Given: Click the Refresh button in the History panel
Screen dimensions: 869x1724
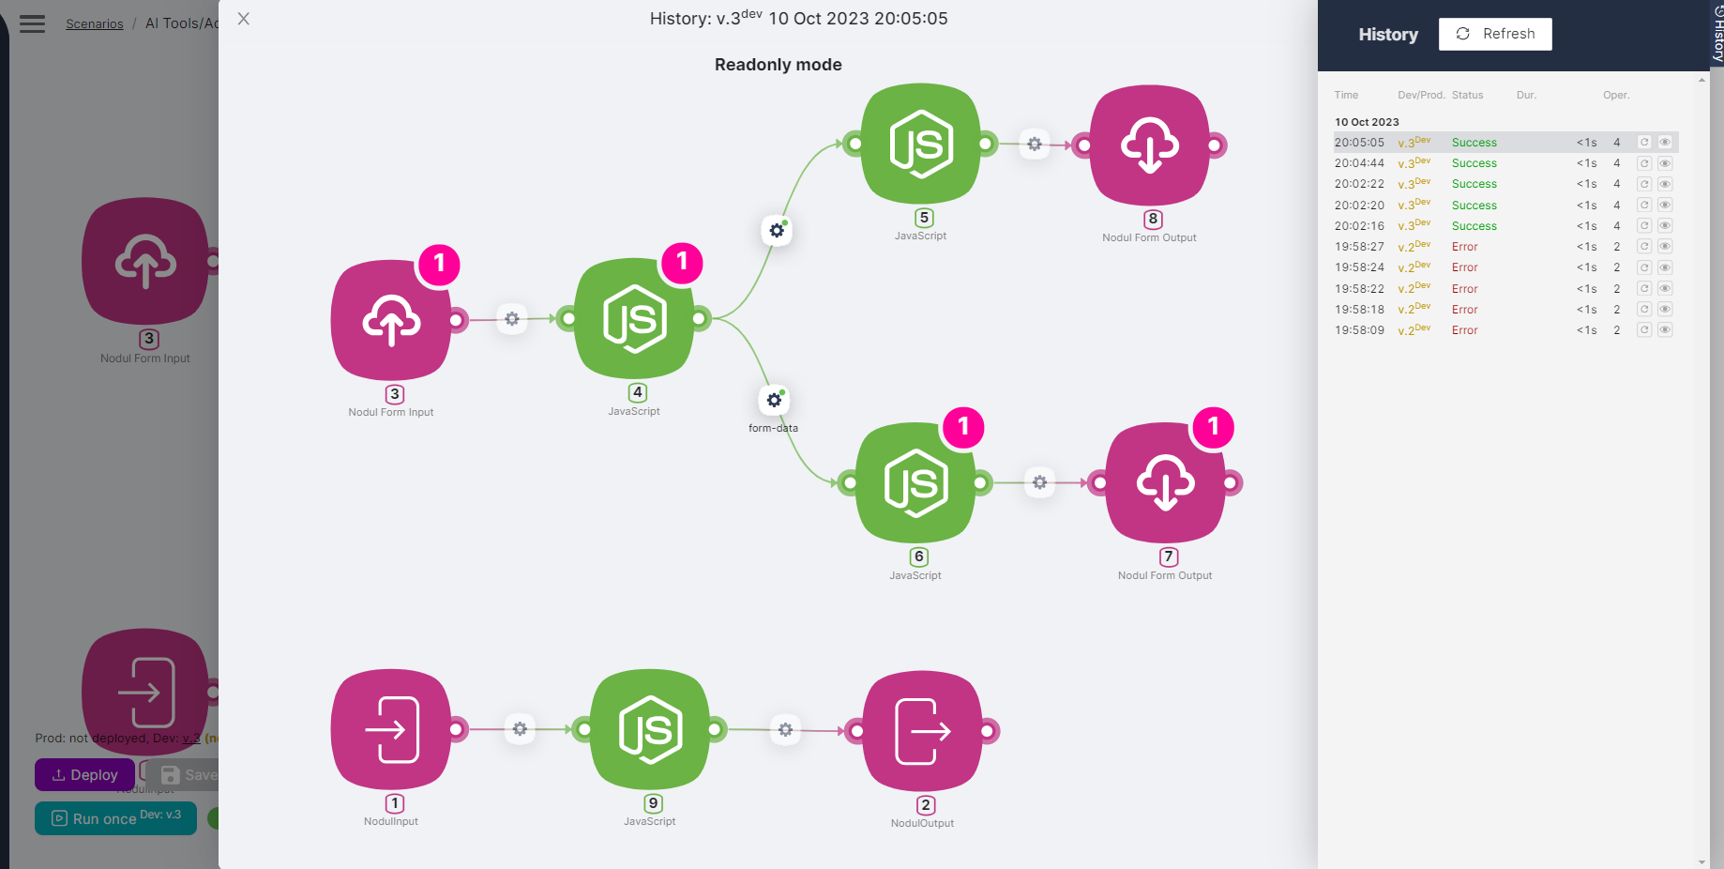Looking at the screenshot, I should [1494, 34].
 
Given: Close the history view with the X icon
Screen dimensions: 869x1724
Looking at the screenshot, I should [244, 19].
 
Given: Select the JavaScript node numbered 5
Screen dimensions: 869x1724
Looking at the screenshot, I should [920, 145].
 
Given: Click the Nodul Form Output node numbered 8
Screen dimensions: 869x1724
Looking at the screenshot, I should [1150, 145].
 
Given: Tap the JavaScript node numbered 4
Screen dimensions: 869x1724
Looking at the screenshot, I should [634, 319].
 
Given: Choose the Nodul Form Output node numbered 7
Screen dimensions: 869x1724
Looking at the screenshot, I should [1165, 483].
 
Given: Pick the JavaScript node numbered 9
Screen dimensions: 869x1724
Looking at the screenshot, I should [650, 729].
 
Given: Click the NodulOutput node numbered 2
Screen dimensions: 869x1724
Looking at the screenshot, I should [922, 731].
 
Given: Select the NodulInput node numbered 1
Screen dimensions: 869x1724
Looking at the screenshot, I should [391, 729].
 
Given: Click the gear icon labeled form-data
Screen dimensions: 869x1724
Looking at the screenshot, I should [774, 401].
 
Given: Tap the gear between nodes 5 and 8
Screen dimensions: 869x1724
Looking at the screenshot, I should [1034, 145].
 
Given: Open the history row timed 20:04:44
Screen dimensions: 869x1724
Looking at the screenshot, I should [1359, 163].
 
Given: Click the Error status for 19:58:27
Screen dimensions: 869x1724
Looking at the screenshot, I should [1464, 247].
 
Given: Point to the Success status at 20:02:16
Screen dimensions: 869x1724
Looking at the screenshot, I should [1474, 226].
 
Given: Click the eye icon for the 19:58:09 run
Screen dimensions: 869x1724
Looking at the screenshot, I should [1665, 330].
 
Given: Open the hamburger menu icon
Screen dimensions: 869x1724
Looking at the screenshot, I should [33, 23].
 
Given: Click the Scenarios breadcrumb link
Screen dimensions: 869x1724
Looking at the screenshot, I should [94, 23].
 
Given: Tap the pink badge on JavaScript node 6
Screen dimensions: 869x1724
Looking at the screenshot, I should [963, 427].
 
